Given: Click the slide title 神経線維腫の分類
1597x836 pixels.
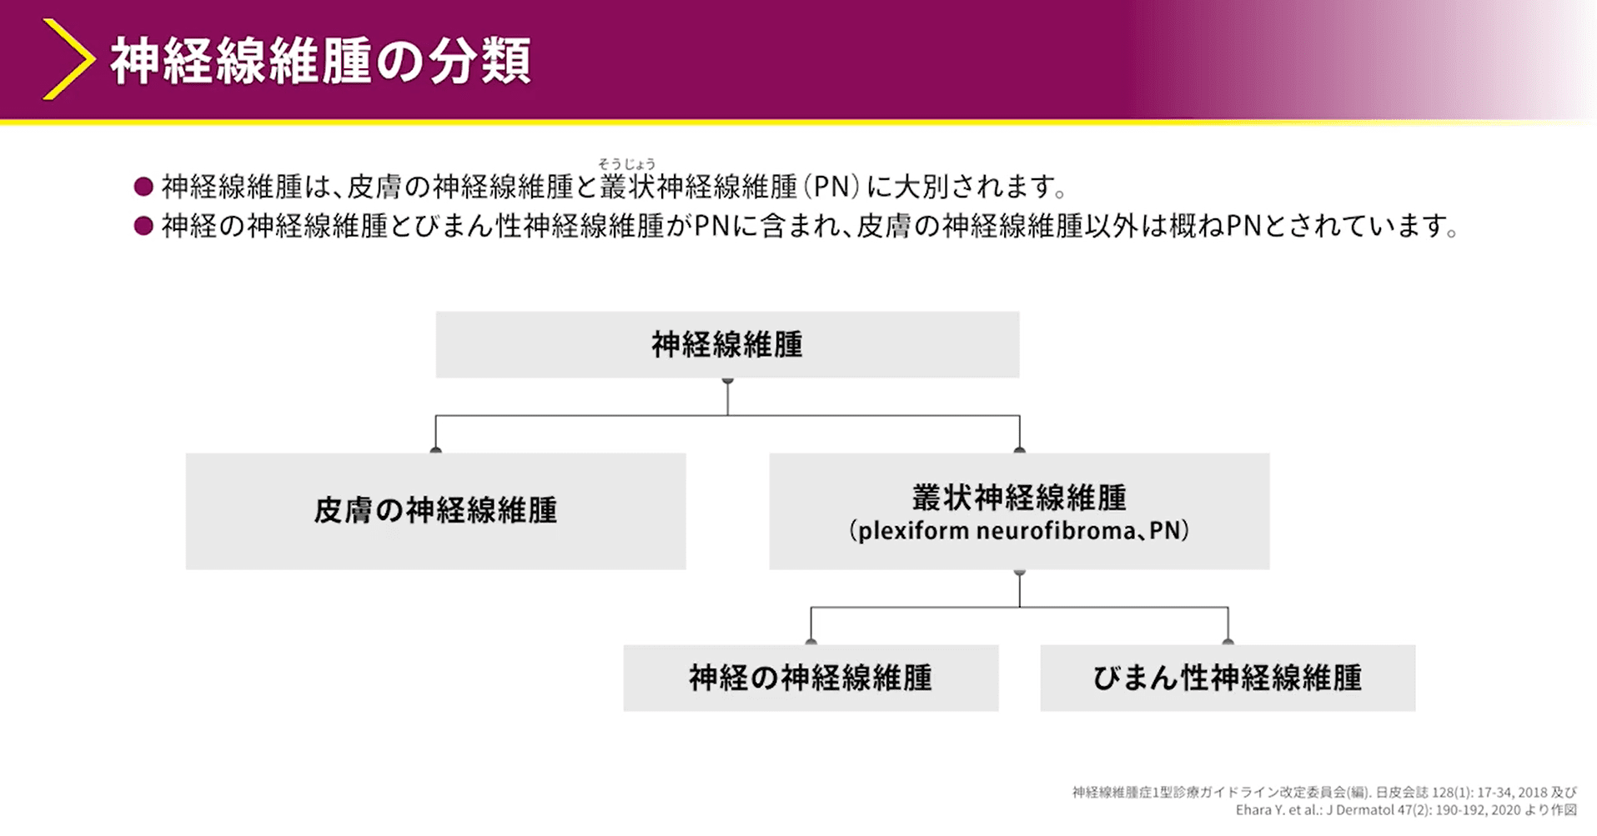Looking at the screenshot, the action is [x=321, y=61].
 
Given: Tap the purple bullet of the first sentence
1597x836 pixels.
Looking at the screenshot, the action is [x=143, y=186].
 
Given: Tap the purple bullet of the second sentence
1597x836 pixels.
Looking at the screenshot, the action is [x=143, y=225].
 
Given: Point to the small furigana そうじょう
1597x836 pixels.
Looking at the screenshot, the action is [x=626, y=164].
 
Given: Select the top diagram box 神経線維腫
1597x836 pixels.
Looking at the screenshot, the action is [x=727, y=345].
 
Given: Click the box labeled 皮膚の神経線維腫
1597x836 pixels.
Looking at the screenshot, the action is [x=435, y=511].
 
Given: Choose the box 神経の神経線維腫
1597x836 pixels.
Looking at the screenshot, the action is [x=811, y=678].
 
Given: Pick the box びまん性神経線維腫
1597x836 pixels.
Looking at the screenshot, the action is [x=1228, y=678].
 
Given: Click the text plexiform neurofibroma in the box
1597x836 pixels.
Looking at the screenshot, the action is [x=996, y=531].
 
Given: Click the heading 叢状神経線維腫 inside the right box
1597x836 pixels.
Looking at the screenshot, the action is [x=1019, y=498].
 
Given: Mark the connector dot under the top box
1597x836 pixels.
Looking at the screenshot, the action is [x=728, y=381].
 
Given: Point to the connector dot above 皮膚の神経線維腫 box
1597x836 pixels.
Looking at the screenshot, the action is [x=435, y=450].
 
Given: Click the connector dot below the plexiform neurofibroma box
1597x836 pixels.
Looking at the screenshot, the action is [x=1019, y=573].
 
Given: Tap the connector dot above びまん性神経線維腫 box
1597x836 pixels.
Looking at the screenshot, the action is [x=1228, y=642].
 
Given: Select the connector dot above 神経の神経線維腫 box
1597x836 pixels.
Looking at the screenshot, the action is [x=811, y=642].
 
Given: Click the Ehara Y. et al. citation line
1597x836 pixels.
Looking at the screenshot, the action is [x=1406, y=810].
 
